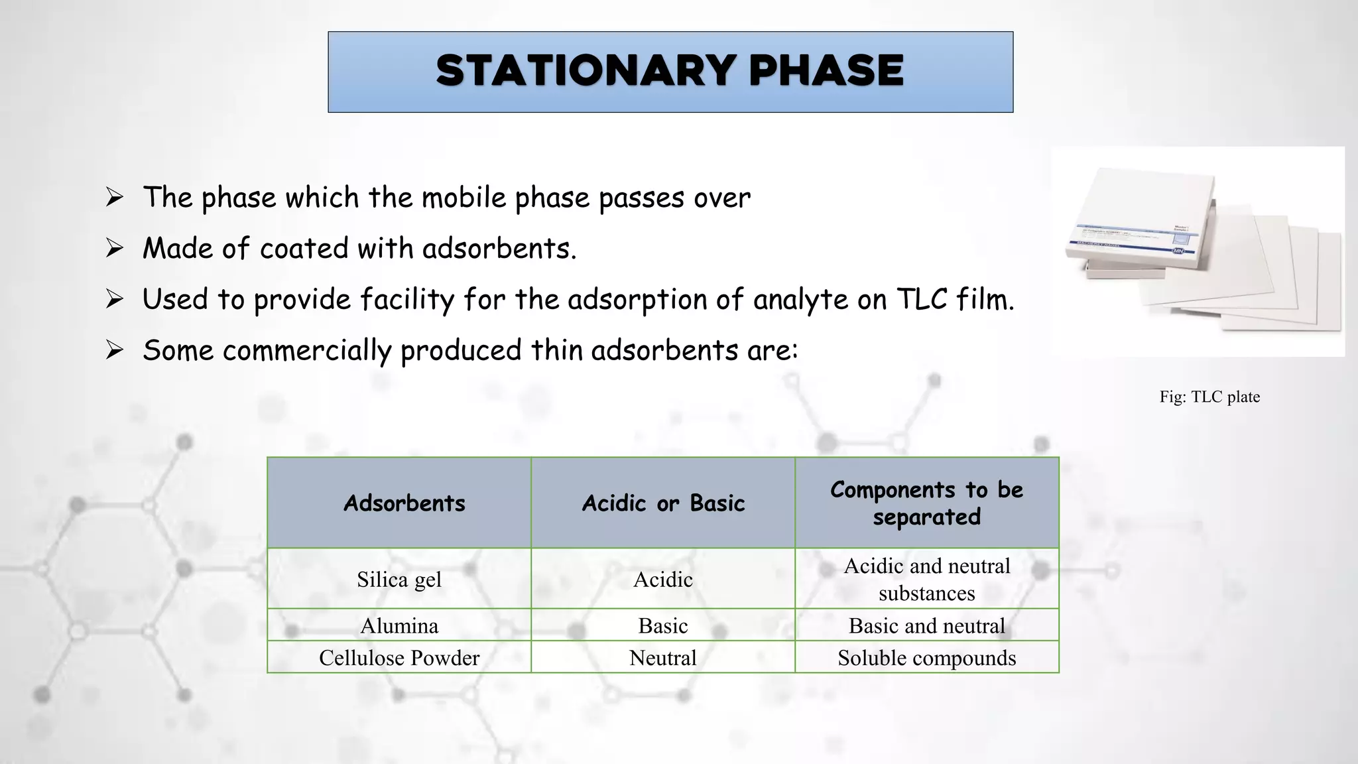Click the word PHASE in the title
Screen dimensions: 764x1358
[x=826, y=71]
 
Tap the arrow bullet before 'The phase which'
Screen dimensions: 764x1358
[x=115, y=198]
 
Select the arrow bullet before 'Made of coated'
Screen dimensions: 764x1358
[x=115, y=249]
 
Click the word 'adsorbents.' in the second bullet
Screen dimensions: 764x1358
[x=499, y=249]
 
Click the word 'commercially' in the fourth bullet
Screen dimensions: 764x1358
[x=307, y=351]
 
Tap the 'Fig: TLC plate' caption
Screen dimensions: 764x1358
[x=1209, y=397]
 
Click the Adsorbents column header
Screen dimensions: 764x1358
[x=404, y=503]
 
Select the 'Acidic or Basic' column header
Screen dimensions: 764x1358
[x=663, y=503]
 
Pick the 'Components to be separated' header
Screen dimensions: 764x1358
[x=926, y=503]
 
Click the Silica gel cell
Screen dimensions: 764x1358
[x=399, y=580]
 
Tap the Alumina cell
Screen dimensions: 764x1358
[x=399, y=625]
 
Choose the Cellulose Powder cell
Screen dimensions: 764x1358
[x=399, y=658]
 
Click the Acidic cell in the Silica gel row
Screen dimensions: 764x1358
[x=663, y=580]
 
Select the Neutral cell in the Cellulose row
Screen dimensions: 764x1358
[x=663, y=658]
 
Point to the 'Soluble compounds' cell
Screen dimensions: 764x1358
[x=926, y=658]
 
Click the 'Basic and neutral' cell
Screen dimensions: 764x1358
[x=926, y=625]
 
